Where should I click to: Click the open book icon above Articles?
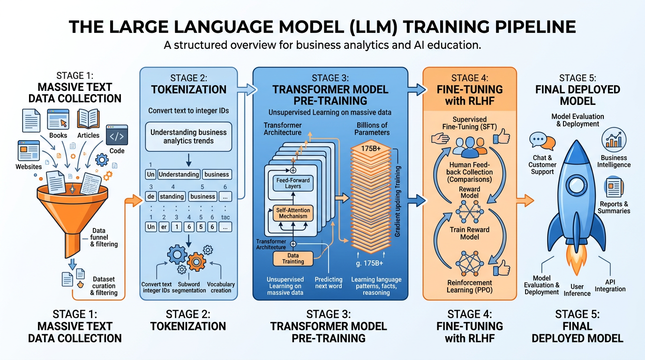88,119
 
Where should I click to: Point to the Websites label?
29,166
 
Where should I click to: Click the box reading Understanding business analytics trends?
188,136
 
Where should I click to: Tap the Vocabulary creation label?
221,287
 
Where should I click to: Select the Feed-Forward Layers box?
293,183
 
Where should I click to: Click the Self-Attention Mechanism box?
293,213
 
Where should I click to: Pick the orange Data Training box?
293,258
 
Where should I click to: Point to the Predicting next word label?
329,283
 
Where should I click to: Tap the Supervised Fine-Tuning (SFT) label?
470,123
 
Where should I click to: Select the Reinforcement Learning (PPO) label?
470,286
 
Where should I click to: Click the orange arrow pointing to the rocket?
525,201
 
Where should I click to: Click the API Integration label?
610,285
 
